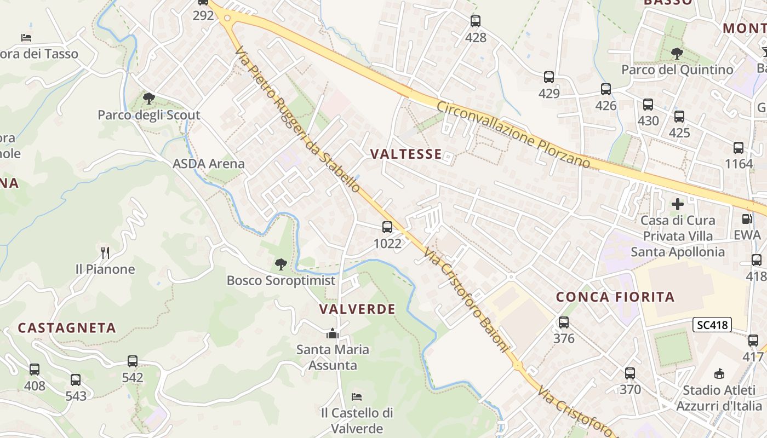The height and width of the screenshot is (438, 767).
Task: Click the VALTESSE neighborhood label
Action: coord(406,154)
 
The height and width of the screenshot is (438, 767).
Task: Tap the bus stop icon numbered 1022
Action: coord(387,227)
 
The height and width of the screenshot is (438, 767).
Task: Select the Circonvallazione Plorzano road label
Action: coord(513,134)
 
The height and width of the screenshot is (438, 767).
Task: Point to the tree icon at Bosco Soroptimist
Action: coord(281,264)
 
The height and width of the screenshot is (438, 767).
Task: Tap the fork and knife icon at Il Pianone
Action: coord(105,252)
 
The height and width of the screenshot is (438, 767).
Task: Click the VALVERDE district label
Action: coord(357,309)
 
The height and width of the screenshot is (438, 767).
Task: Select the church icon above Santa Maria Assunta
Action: coord(332,333)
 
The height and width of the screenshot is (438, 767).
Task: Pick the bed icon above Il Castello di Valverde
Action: coord(357,396)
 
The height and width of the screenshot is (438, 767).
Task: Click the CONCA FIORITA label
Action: coord(615,297)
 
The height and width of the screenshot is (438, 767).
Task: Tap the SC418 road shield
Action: coord(712,325)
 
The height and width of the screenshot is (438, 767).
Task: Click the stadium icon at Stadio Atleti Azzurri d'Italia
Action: coord(719,374)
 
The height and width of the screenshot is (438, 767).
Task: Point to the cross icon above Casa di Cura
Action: coord(678,204)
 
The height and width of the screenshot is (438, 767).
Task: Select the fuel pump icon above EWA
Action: coord(747,219)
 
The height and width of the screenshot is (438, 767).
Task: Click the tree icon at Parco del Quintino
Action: coord(677,54)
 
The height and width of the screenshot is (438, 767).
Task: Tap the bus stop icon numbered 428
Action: coord(476,21)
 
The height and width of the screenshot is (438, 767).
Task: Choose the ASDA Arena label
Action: coord(209,164)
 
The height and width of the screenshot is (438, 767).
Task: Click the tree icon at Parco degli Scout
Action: coord(148,99)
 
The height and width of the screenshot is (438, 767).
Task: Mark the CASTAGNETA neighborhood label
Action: coord(67,328)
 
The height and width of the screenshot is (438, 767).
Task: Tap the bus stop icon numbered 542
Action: coord(133,361)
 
